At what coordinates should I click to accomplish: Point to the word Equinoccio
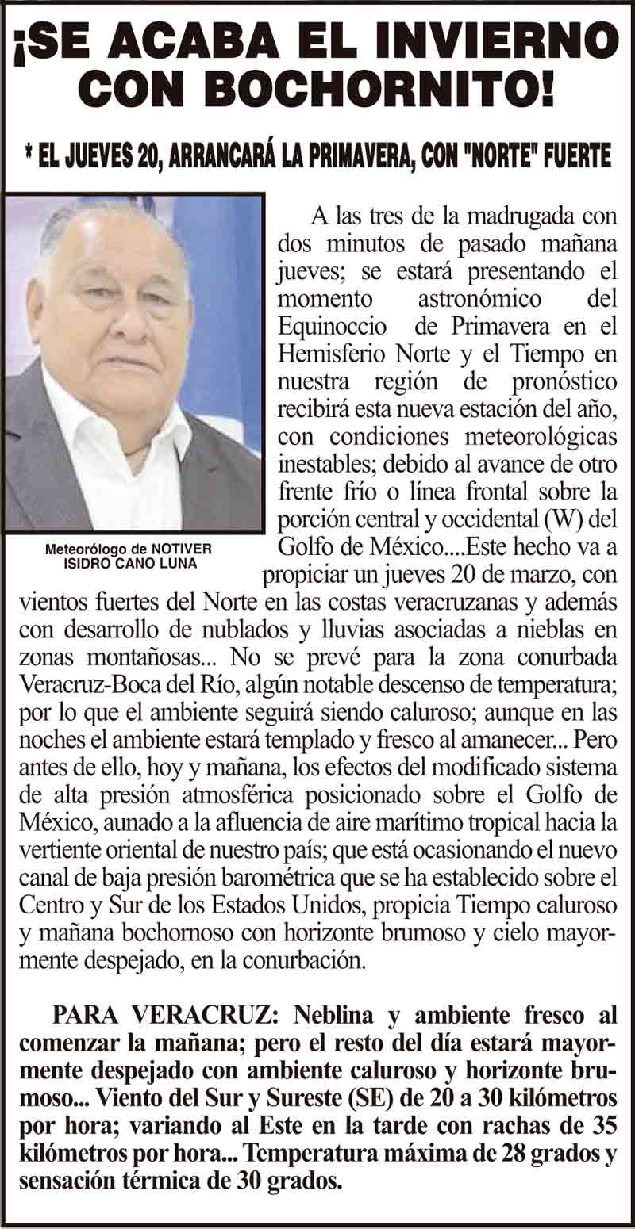point(333,327)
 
